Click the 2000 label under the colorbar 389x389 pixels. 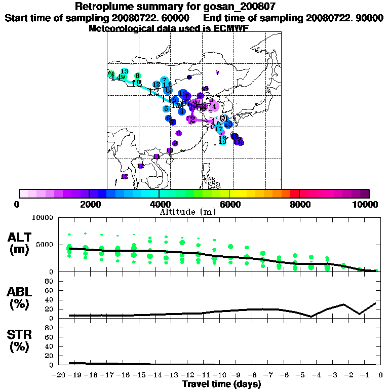point(90,204)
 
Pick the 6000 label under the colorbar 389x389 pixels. point(229,204)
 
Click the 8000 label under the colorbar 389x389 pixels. point(299,204)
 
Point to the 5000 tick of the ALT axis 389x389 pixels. point(46,244)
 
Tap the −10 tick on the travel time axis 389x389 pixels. point(220,376)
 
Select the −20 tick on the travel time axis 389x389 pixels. point(59,376)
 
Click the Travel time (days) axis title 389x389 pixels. point(221,384)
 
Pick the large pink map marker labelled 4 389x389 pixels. point(214,106)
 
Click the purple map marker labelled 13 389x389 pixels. point(125,177)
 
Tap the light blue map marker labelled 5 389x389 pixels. point(166,109)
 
